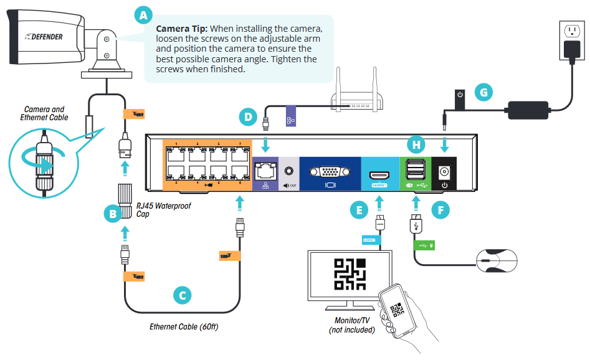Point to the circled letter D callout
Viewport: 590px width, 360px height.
tap(248, 116)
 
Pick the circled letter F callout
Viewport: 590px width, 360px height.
tap(440, 211)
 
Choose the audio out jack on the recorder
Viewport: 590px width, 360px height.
tap(288, 168)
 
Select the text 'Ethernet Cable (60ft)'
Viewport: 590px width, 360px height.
tap(184, 326)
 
